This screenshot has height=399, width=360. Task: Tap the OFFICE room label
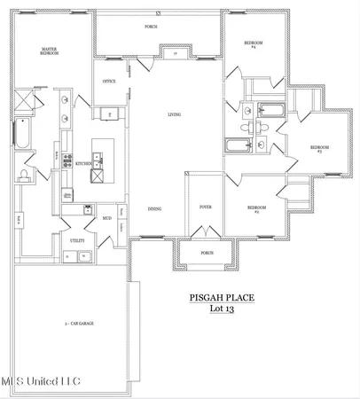(x=110, y=82)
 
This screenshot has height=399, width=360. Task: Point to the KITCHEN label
(x=83, y=164)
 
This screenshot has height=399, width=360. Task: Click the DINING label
(x=154, y=208)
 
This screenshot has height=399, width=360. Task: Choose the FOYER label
(x=205, y=207)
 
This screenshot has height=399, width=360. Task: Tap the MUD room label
(x=106, y=216)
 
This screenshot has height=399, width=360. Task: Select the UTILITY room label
(x=77, y=239)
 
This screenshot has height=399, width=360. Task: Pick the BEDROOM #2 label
(x=256, y=209)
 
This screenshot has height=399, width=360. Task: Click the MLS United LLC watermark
(x=40, y=381)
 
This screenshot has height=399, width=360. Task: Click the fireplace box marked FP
(x=176, y=53)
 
